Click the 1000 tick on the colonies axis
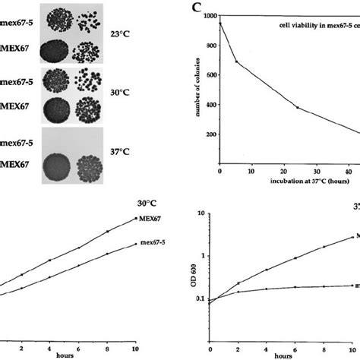point(207,16)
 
